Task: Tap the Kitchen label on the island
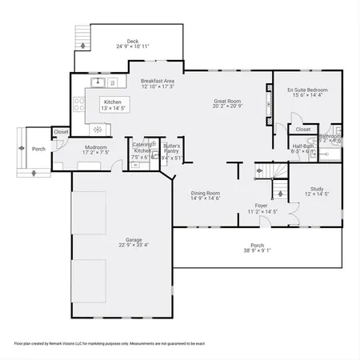[112, 102]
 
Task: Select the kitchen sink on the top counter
[98, 81]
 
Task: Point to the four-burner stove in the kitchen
[78, 102]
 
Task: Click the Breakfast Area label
[158, 81]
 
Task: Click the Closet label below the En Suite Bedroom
[303, 129]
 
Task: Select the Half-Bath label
[302, 146]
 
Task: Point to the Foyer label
[261, 206]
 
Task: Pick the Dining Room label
[206, 193]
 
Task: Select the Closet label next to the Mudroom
[61, 132]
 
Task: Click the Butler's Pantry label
[172, 149]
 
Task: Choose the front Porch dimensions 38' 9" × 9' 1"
[257, 250]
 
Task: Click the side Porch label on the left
[38, 149]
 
